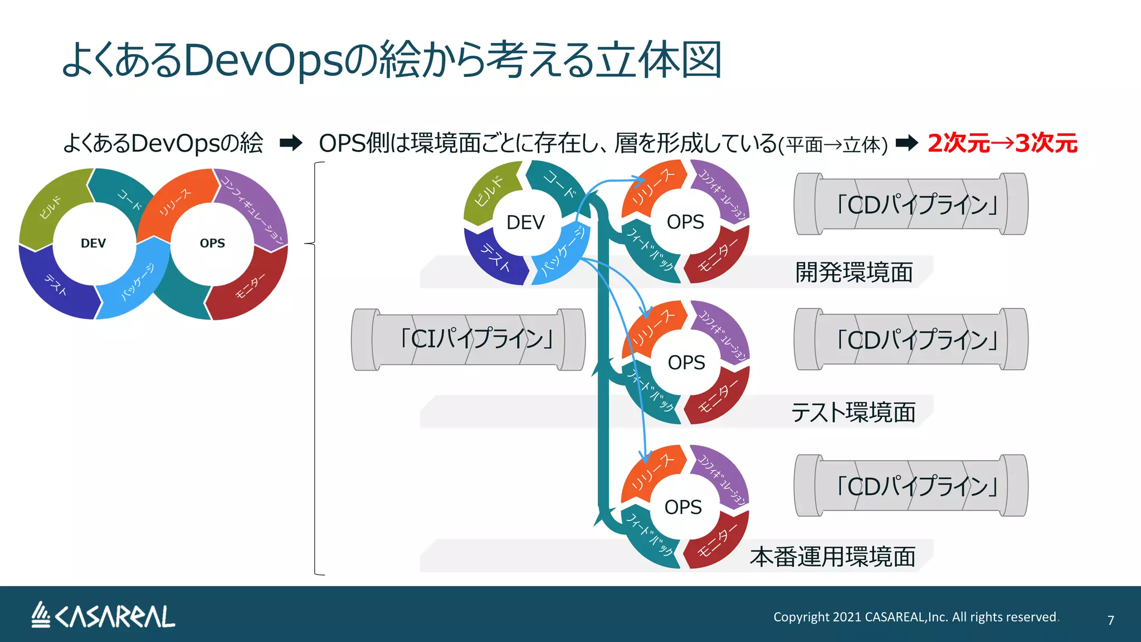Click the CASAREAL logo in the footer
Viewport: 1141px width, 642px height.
[x=103, y=616]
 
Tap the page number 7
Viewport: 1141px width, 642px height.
[x=1110, y=620]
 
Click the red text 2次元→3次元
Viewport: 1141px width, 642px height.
[x=1002, y=143]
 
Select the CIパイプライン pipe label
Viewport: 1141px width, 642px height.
[x=476, y=339]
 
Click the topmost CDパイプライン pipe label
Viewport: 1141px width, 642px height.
[x=916, y=205]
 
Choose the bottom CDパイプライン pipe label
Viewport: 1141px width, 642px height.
[x=916, y=486]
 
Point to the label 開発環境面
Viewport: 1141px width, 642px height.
[x=854, y=273]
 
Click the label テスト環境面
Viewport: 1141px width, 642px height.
[x=853, y=412]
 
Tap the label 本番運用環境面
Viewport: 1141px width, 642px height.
[x=832, y=557]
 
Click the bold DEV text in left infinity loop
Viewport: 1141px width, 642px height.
[x=93, y=244]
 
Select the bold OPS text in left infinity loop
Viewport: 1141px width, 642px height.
[x=212, y=244]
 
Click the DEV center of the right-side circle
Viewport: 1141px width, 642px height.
[x=525, y=222]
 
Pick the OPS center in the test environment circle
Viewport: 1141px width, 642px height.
[x=686, y=363]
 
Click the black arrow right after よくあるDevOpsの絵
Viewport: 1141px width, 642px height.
[x=291, y=143]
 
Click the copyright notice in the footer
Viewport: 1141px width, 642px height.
[x=915, y=617]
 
